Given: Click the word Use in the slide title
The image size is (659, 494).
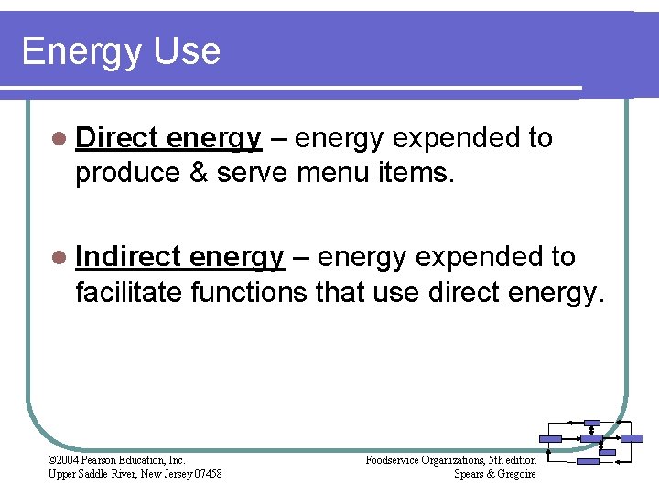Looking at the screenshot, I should click(187, 50).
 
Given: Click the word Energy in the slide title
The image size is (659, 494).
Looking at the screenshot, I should click(81, 52).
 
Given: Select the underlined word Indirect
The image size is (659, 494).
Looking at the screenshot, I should click(128, 257).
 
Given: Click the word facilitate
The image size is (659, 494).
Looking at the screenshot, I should click(129, 293).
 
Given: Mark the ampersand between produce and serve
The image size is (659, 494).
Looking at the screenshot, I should click(201, 174).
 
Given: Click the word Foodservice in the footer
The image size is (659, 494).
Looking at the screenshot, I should click(394, 460).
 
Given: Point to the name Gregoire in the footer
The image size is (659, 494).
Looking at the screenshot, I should click(515, 473).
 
